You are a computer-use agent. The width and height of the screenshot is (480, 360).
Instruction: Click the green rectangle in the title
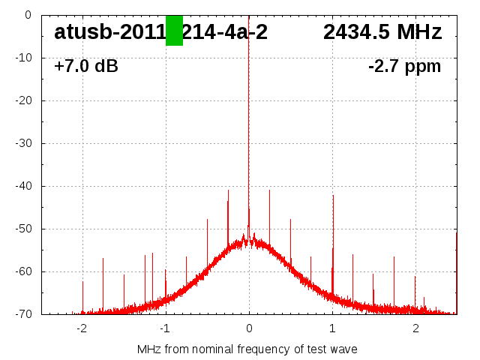pos(174,31)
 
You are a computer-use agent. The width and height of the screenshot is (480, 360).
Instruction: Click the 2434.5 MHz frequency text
pos(382,32)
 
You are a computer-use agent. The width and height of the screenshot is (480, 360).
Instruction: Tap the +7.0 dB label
pos(86,67)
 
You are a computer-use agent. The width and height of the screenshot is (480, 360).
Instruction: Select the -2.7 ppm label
pos(404,67)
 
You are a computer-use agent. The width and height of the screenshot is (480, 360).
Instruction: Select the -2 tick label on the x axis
pos(81,328)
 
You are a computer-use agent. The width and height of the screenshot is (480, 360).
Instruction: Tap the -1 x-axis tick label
pos(164,328)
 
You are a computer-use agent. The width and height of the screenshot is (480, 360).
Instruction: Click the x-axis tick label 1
pos(332,328)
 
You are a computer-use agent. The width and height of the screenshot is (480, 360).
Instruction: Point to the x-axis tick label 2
pos(415,328)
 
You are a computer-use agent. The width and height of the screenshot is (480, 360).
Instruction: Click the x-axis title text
pos(247,349)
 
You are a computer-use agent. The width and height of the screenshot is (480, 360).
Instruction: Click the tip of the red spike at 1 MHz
pos(333,195)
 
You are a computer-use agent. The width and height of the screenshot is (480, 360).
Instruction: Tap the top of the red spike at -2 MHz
pos(82,282)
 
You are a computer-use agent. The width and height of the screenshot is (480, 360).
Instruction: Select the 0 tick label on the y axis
pos(28,15)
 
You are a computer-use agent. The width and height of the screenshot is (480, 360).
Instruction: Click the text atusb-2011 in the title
pos(109,32)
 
